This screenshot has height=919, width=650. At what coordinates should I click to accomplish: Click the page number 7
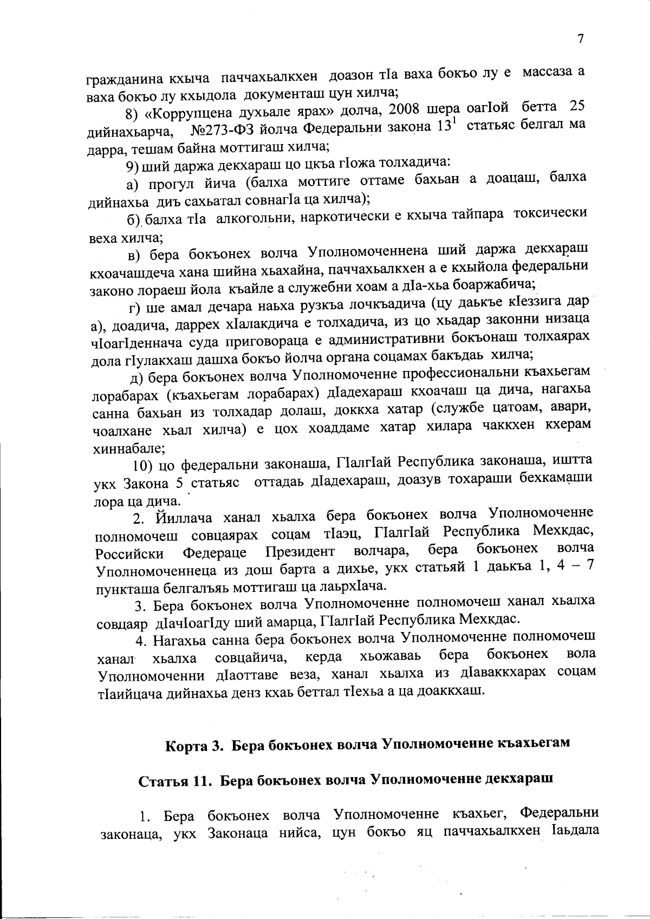pos(581,39)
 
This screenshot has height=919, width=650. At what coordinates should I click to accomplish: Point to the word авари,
pos(575,407)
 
